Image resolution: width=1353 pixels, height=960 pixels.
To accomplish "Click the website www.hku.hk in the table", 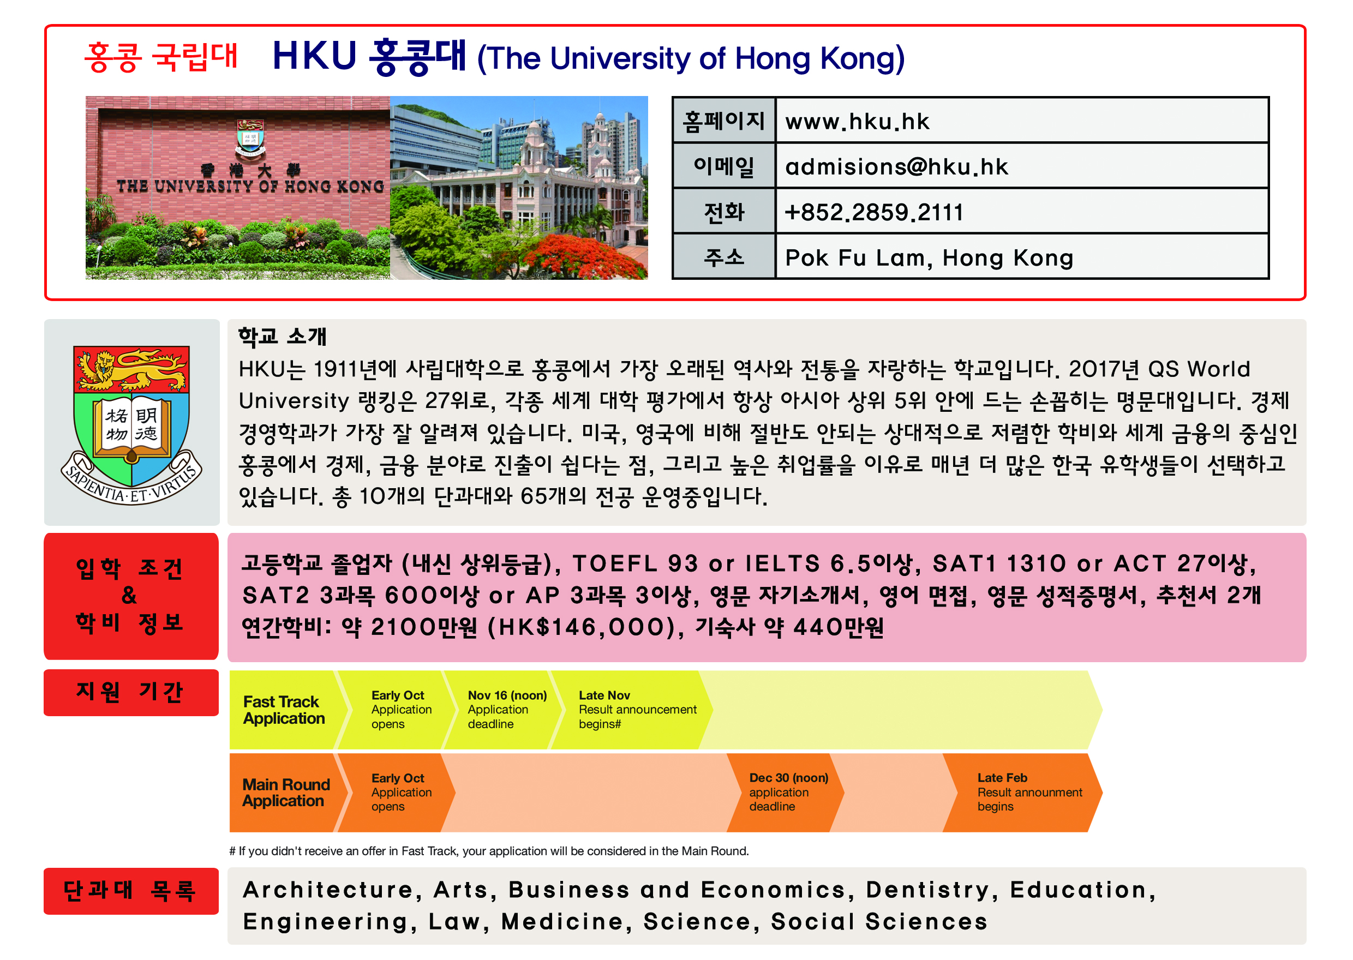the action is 857,122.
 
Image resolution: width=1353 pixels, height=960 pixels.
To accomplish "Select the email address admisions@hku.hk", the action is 896,167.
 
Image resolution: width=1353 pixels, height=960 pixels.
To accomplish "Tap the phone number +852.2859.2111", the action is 873,212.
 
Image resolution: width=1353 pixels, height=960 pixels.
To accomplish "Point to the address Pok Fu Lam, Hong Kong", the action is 929,259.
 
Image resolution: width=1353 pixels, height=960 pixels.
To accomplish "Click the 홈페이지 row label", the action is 723,121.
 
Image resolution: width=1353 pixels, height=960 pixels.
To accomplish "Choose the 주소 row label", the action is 723,256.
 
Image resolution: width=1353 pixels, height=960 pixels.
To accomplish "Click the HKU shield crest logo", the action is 131,425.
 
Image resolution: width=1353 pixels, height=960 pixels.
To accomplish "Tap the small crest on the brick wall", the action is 250,136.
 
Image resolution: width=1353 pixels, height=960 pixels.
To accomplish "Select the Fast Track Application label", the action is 283,710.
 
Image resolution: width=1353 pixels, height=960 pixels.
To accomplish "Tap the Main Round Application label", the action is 285,793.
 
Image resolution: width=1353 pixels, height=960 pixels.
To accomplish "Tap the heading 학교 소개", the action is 282,337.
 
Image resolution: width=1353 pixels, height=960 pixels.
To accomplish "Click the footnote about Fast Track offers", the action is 489,851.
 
